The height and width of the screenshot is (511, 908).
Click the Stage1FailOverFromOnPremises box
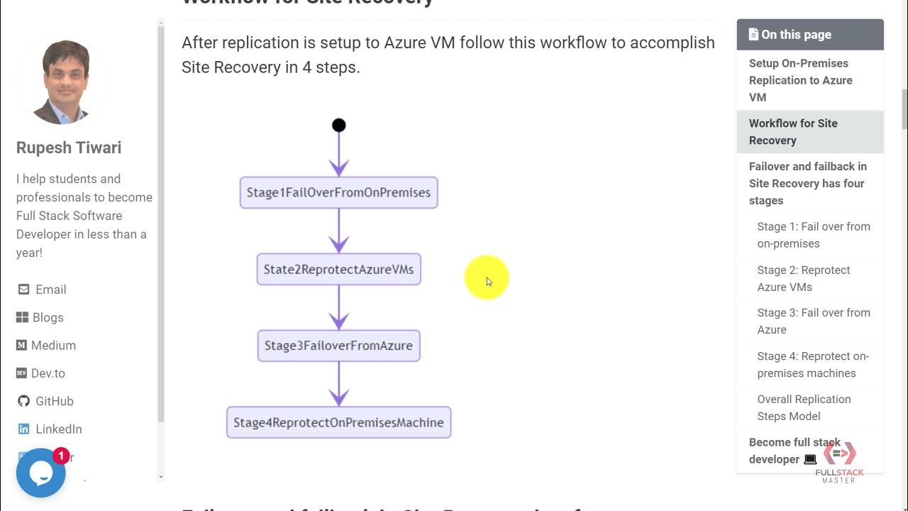coord(338,192)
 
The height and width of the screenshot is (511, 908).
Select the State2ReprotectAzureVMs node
coord(338,269)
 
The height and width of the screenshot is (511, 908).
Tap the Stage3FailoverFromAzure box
coord(338,346)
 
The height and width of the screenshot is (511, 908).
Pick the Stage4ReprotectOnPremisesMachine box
coord(338,422)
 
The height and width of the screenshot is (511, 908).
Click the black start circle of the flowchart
coord(338,125)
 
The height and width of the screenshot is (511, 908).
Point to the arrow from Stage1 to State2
coord(338,231)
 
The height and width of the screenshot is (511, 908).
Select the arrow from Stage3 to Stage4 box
coord(338,383)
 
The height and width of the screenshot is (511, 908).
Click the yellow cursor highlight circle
coord(487,278)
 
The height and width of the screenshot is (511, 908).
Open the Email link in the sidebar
coord(50,290)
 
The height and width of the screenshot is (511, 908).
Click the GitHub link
coord(54,401)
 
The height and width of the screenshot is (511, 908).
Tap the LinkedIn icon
coord(24,429)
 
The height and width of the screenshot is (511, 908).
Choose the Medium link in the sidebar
coord(53,345)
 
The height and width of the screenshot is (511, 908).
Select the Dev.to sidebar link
coord(48,373)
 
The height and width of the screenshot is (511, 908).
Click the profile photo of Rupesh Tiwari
coord(62,82)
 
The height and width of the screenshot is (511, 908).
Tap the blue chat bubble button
coord(40,473)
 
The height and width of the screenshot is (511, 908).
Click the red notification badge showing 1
coord(61,456)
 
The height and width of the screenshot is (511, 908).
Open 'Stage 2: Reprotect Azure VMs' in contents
coord(803,278)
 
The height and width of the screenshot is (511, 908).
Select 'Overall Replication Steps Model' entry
coord(803,407)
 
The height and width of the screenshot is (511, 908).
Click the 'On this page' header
coord(809,34)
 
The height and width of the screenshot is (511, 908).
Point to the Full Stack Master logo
coord(839,462)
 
